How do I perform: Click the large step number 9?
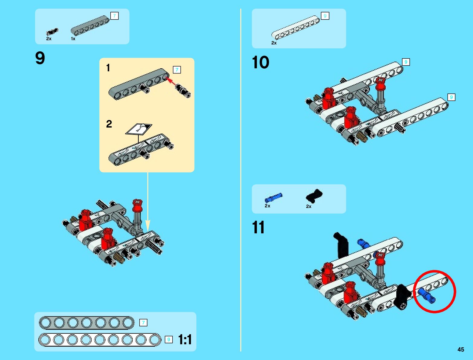coord(40,58)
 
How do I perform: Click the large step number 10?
coord(260,63)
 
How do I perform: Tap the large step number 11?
coord(258,227)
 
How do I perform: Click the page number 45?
coord(461,349)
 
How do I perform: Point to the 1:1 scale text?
coord(185,339)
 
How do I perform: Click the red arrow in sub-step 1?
coord(171,81)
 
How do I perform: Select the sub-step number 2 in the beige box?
coord(109,124)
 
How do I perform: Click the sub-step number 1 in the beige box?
coord(108,68)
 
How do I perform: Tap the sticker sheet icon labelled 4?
coord(139,129)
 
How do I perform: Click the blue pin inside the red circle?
coord(427,295)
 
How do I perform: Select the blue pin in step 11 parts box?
coord(273,197)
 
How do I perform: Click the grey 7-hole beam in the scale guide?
coord(87,323)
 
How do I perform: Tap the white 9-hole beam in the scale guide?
coord(100,340)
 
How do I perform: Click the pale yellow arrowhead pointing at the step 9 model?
coord(147,225)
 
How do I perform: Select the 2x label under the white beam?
coord(274,43)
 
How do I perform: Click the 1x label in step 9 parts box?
coord(73,39)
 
